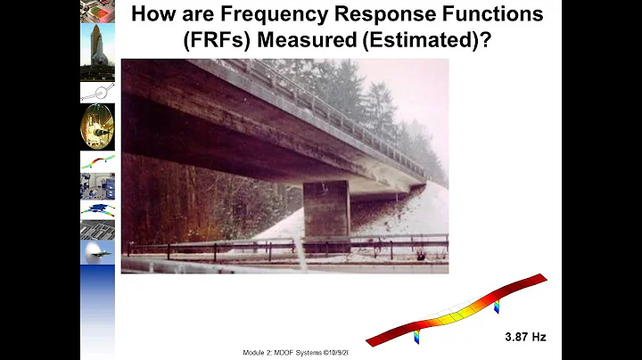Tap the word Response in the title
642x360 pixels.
click(390, 15)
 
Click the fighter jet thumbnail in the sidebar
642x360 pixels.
click(97, 252)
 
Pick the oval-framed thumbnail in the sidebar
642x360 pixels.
click(97, 126)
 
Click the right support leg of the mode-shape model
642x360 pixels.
click(497, 306)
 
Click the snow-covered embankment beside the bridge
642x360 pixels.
click(410, 223)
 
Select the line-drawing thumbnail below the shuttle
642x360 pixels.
click(97, 92)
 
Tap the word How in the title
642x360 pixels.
click(152, 15)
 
